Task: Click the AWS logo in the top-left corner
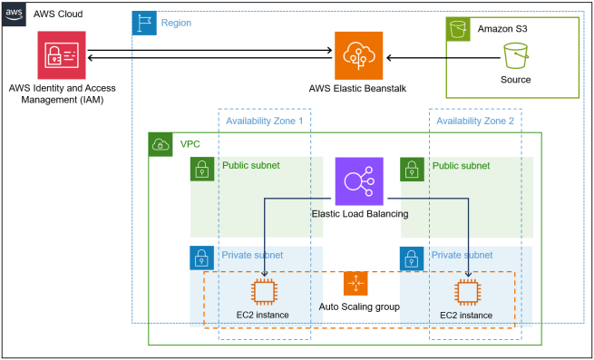coord(14,14)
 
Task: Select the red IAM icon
coord(63,55)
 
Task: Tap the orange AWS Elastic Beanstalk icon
coord(358,55)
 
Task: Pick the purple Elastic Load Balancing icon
coord(359,181)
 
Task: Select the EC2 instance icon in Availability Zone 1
coord(263,292)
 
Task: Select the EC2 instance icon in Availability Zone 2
coord(466,292)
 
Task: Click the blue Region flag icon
coord(143,23)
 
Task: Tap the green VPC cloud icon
coord(160,143)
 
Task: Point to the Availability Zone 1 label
coord(264,121)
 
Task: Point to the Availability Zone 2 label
coord(474,121)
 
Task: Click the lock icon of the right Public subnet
coord(412,168)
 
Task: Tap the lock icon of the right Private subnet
coord(412,257)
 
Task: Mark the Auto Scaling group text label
coord(359,307)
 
